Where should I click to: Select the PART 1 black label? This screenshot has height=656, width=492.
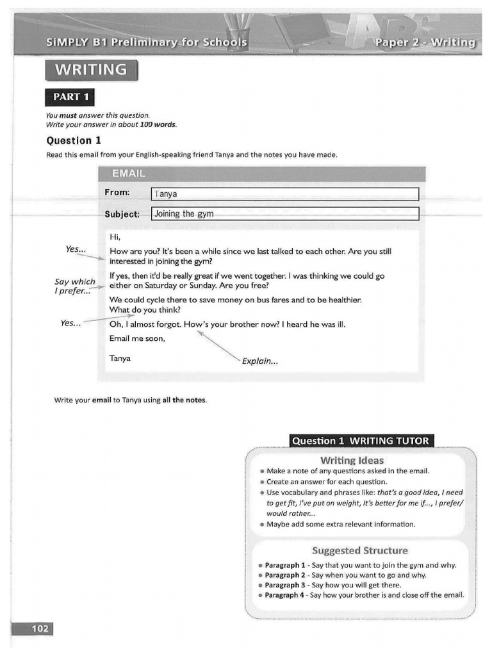(x=70, y=97)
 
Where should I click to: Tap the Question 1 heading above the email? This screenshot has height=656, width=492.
(x=74, y=140)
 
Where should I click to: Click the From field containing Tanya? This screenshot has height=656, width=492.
(x=284, y=194)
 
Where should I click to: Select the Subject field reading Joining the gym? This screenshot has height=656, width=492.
(x=284, y=214)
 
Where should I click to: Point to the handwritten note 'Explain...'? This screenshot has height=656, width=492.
(x=259, y=361)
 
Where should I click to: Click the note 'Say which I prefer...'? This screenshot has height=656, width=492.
(x=74, y=286)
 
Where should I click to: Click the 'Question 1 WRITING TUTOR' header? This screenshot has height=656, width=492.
(x=361, y=441)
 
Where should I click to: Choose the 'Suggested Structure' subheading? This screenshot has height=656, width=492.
(x=359, y=550)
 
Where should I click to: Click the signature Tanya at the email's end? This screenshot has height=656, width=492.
(x=120, y=358)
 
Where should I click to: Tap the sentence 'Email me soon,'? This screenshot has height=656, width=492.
(x=137, y=339)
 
